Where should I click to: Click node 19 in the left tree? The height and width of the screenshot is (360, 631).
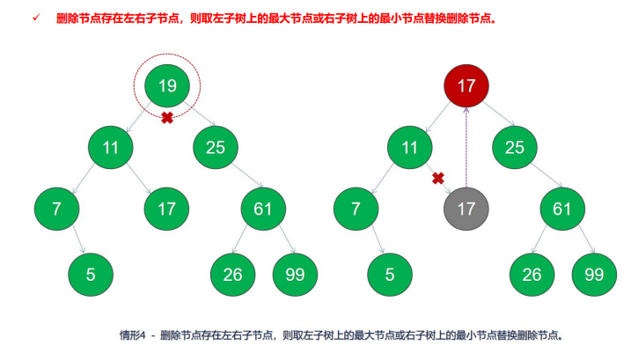[167, 85]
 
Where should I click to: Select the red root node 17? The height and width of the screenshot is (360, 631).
[466, 85]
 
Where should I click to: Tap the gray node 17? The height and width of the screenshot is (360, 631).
[466, 209]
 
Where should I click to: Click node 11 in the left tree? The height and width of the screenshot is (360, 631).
[110, 147]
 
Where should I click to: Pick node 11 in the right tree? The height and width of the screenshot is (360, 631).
[409, 147]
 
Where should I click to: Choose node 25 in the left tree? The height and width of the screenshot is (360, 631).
[216, 147]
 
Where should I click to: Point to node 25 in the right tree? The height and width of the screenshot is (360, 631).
[515, 147]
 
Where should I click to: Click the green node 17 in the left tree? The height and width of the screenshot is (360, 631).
[167, 209]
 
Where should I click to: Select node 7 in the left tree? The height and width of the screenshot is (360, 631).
[57, 209]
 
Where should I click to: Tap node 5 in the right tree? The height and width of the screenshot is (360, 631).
[391, 274]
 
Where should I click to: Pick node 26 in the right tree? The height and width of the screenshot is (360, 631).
[532, 274]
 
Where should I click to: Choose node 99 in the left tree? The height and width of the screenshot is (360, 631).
[295, 274]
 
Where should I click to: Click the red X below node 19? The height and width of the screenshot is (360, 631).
[167, 118]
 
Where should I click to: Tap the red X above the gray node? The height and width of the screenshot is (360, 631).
[437, 179]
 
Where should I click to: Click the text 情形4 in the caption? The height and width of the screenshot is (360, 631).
[132, 335]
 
